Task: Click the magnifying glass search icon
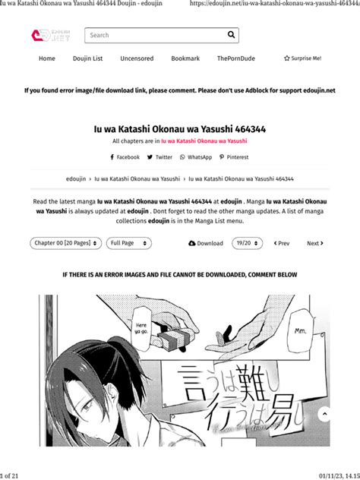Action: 231,35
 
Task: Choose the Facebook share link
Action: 125,157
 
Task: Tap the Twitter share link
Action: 160,157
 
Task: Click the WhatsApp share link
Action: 196,157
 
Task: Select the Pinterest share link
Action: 234,157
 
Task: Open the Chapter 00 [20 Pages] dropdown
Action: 66,243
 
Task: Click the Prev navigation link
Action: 280,244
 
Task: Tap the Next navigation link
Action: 315,244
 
